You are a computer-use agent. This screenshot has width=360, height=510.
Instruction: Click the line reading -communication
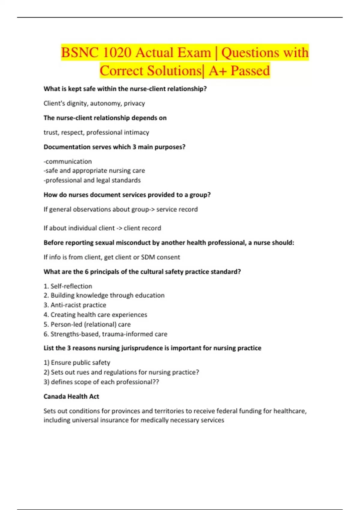pos(68,161)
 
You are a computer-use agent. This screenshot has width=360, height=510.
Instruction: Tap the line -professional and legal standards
pos(92,180)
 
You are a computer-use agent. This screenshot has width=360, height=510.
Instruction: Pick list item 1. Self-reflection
pos(68,286)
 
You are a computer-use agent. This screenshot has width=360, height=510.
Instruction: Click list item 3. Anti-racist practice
pos(75,305)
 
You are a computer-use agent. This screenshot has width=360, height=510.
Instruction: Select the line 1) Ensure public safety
pos(77,363)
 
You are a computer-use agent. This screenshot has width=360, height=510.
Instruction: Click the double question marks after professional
pos(156,382)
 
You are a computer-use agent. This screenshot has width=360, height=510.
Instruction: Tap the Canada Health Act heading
pos(71,397)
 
